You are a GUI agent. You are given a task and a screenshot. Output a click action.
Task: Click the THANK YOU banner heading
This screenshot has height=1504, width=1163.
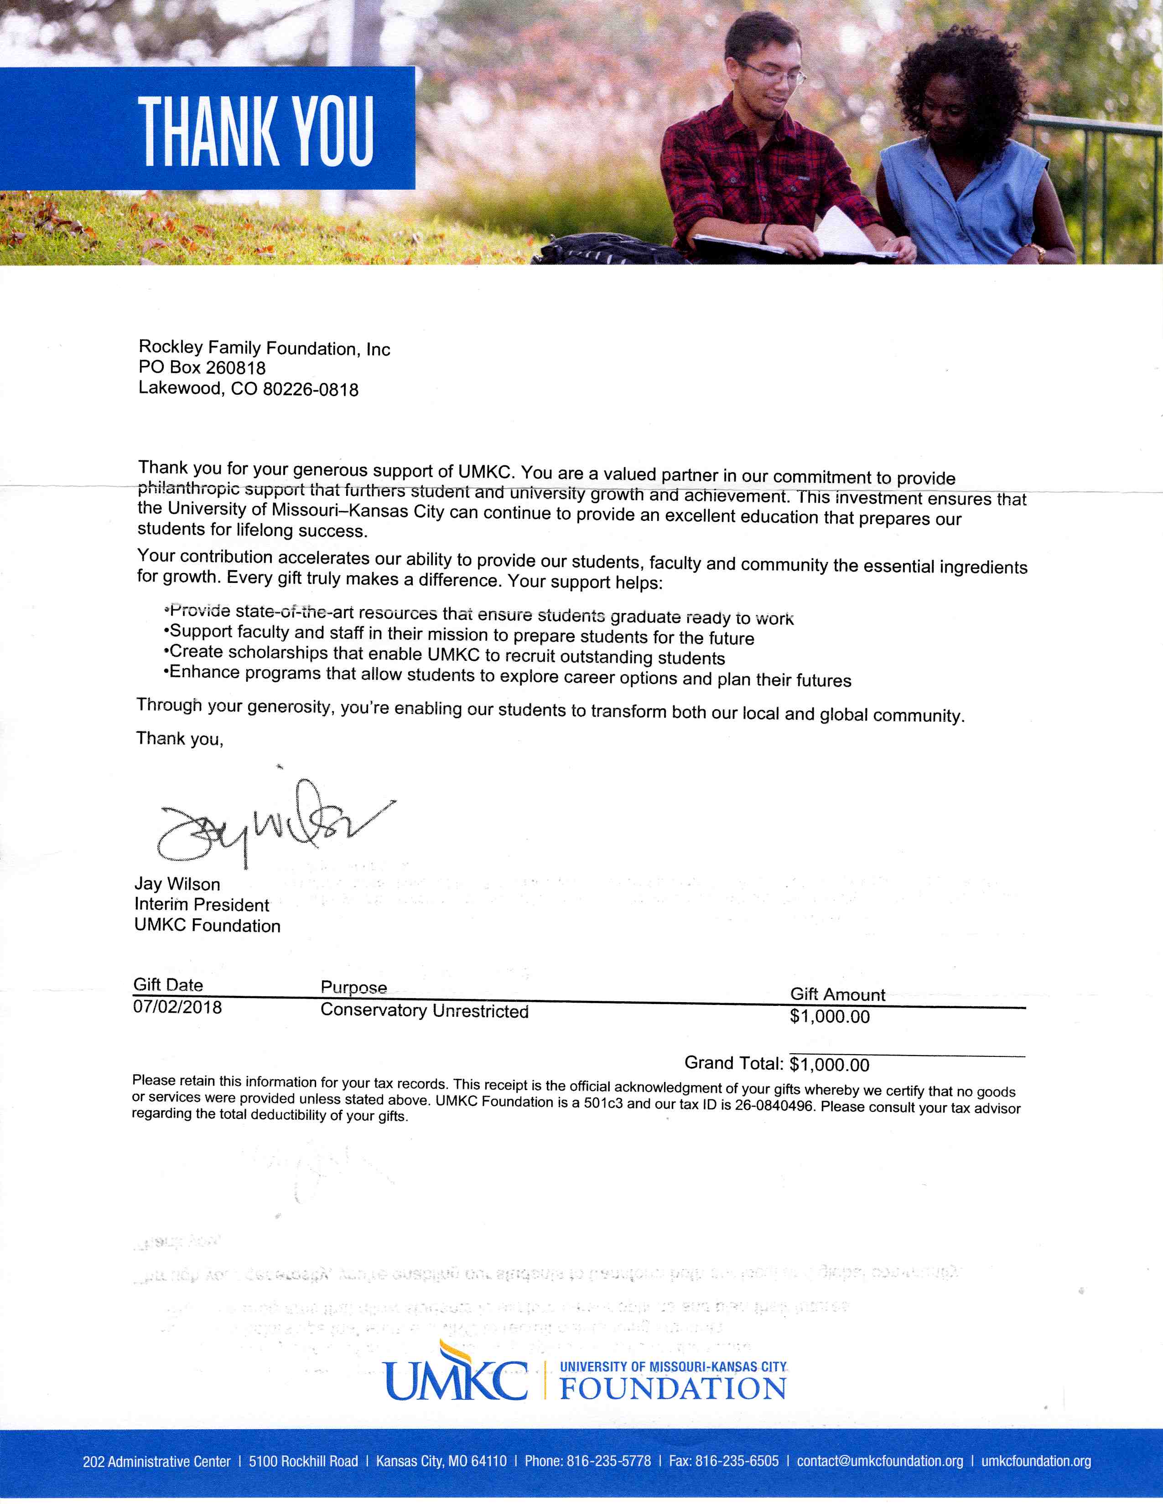[x=255, y=131]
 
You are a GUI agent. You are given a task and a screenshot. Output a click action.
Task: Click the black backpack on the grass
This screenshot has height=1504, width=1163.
[x=606, y=249]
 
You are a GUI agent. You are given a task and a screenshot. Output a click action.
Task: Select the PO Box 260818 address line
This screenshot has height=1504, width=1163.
[x=202, y=368]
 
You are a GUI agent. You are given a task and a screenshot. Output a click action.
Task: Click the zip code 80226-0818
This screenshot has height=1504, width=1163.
[x=311, y=390]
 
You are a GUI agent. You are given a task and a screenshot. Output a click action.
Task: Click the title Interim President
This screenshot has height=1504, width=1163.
[x=202, y=905]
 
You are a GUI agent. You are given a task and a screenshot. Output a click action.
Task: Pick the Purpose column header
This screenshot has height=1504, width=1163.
[x=353, y=988]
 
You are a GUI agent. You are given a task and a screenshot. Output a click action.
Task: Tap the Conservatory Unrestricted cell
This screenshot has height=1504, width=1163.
[x=425, y=1011]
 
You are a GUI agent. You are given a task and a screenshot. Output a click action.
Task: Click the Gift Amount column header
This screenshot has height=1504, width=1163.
[x=837, y=994]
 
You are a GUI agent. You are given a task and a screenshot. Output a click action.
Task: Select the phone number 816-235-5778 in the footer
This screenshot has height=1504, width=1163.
[x=608, y=1461]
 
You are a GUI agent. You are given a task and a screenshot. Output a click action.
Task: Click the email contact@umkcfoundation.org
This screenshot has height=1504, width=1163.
[x=880, y=1461]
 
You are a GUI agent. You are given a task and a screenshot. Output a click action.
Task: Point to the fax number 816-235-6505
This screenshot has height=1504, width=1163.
[x=737, y=1461]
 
